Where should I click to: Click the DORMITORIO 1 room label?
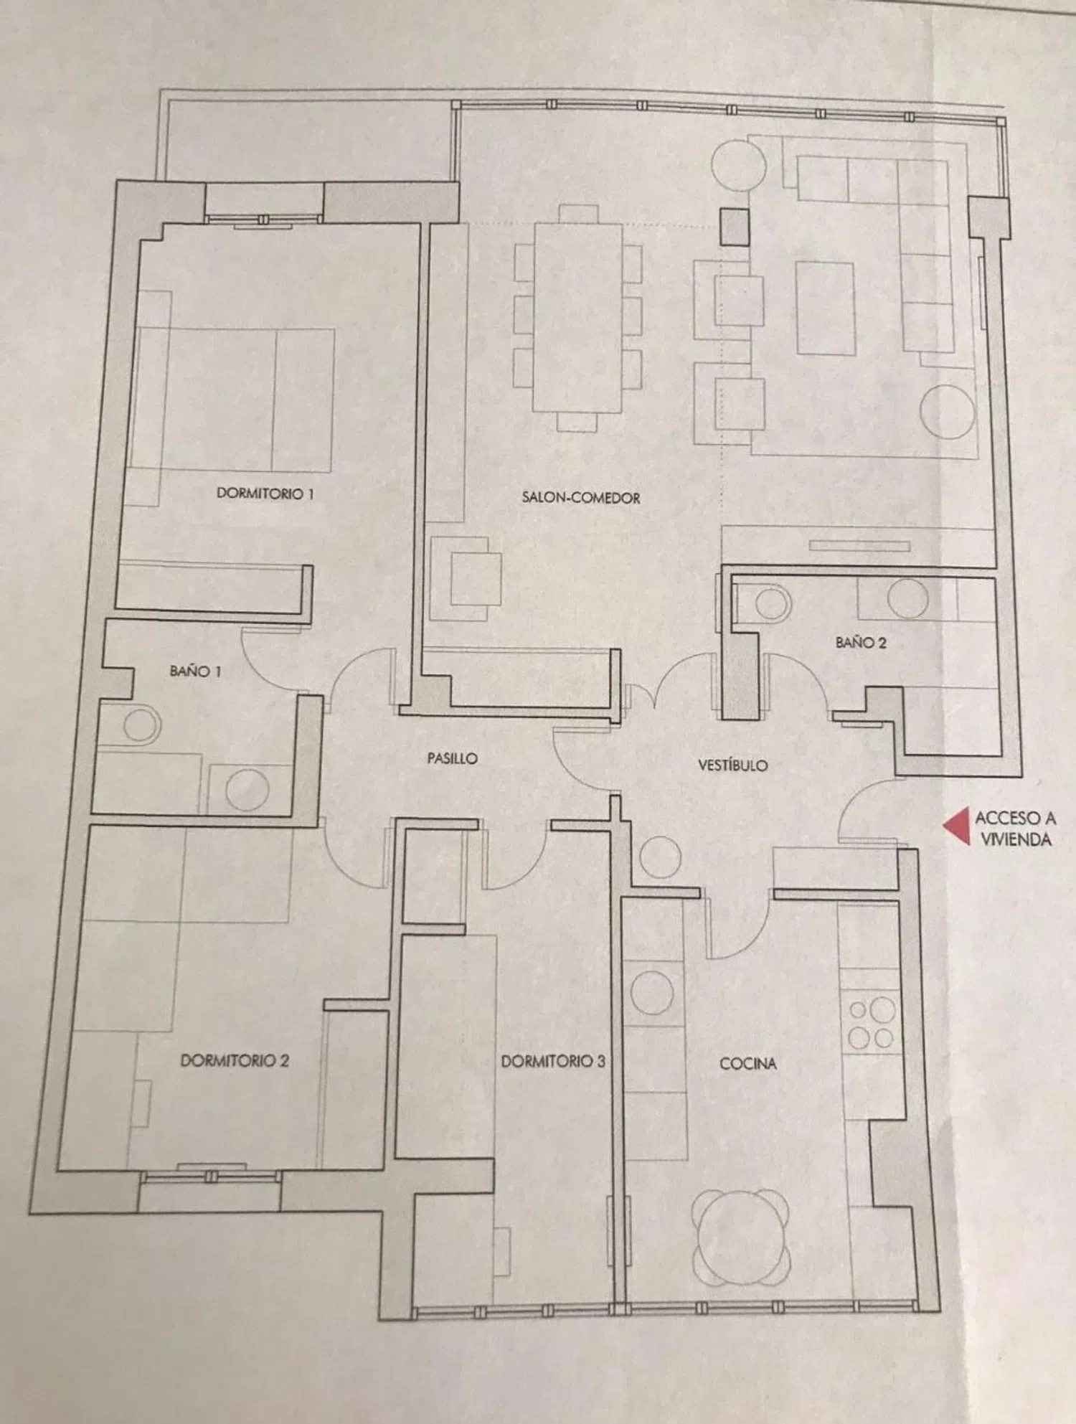265,494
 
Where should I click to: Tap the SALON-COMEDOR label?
580,497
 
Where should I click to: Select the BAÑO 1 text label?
195,671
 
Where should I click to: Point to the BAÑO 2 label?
861,642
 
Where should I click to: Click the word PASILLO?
452,758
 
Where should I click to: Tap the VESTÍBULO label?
733,765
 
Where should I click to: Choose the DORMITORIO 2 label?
234,1060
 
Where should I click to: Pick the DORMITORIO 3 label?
552,1061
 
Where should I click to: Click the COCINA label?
747,1063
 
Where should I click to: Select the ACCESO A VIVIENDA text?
1014,828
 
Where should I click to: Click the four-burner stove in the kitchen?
871,1024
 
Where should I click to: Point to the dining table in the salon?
577,318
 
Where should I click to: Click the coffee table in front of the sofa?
824,308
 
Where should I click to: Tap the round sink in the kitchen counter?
652,992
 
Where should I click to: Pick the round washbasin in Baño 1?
247,790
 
